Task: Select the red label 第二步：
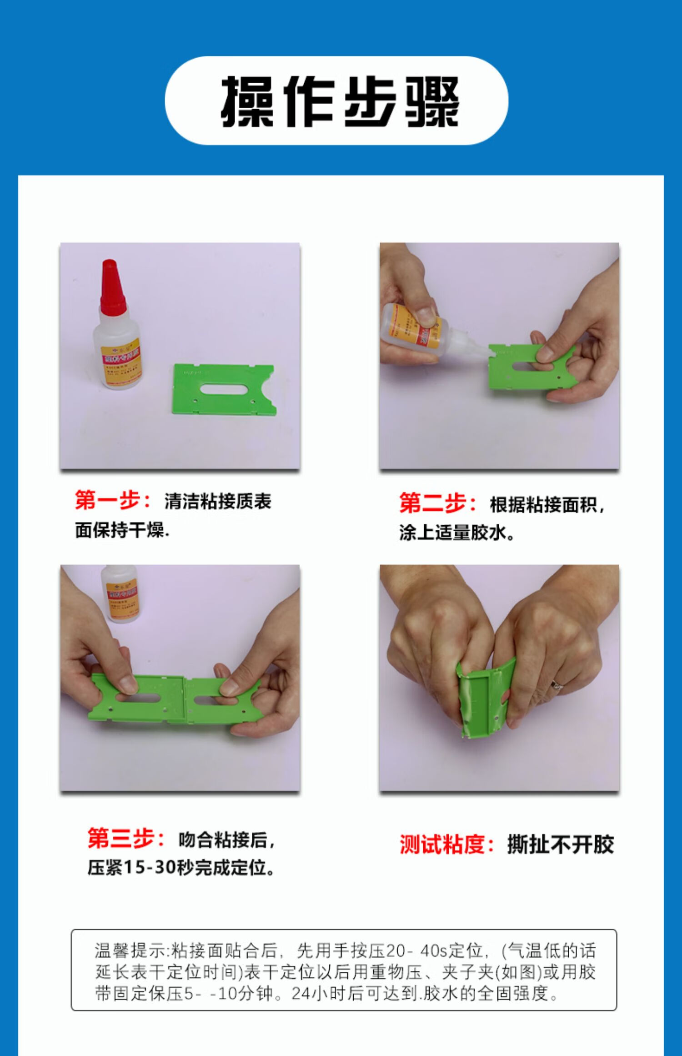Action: tap(438, 503)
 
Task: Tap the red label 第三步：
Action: tap(126, 838)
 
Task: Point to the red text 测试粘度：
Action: tap(447, 845)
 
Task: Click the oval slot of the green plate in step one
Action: tap(223, 389)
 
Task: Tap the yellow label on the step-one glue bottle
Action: tap(120, 361)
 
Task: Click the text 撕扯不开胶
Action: tap(560, 845)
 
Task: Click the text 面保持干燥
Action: tap(121, 530)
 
